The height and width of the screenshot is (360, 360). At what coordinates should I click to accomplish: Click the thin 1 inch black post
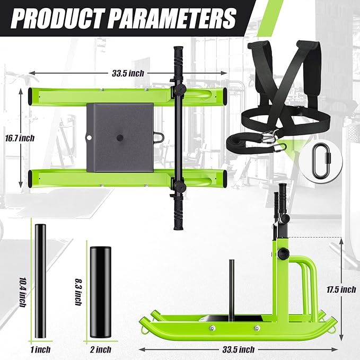(40, 281)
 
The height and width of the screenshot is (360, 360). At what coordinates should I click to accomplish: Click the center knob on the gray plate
(119, 137)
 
